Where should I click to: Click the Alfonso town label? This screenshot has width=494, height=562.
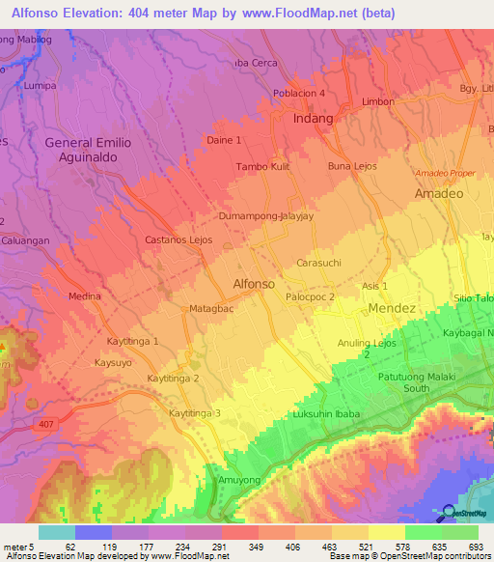coord(254,284)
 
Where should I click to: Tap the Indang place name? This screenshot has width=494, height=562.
coord(313,119)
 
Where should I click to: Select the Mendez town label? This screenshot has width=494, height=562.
coord(392,308)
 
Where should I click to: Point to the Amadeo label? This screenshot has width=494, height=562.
coord(439,193)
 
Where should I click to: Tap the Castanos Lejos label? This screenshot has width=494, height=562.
coord(178,239)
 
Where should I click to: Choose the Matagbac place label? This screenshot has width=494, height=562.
coord(211,310)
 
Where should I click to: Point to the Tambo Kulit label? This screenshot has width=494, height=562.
coord(265,166)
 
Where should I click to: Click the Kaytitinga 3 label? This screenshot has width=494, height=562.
coord(195,413)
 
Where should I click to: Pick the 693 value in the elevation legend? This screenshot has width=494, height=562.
coord(476,546)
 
